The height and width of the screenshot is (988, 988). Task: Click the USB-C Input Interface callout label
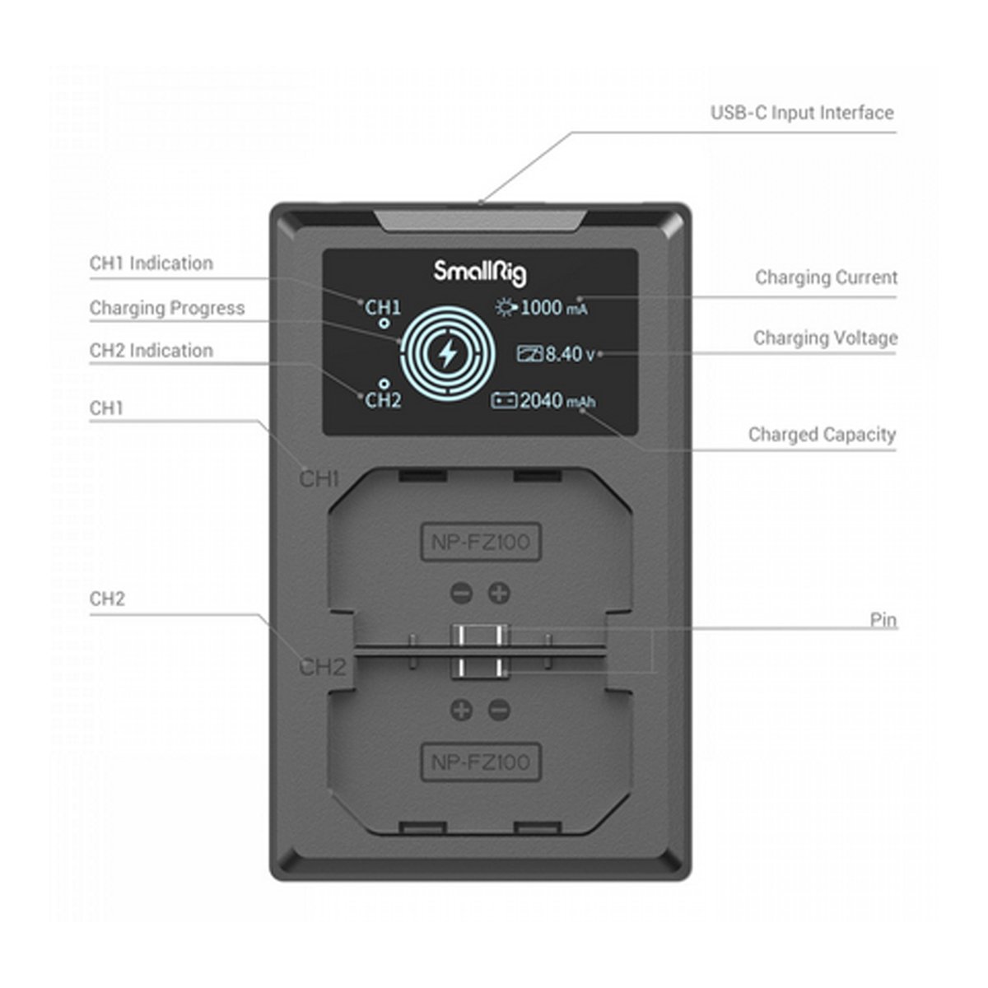(x=802, y=113)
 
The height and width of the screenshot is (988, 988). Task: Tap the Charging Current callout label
(x=826, y=277)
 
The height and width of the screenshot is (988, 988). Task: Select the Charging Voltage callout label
(x=825, y=338)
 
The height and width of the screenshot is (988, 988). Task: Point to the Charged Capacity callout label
(x=822, y=434)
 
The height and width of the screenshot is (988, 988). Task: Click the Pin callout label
(x=883, y=619)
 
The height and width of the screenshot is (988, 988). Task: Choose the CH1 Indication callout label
(x=151, y=263)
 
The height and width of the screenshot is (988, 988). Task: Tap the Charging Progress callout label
(x=167, y=308)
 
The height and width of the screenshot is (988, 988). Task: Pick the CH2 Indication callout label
(x=151, y=351)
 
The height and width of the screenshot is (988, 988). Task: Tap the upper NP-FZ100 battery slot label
(x=481, y=542)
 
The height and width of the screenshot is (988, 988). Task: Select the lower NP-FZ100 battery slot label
(x=481, y=762)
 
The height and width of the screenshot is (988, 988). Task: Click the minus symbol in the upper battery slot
(x=461, y=592)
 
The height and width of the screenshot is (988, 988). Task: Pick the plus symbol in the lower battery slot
(x=461, y=710)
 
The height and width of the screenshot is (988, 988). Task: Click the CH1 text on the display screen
(x=383, y=307)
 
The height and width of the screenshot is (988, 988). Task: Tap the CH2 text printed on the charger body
(x=322, y=667)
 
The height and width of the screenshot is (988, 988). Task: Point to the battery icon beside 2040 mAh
(x=504, y=401)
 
